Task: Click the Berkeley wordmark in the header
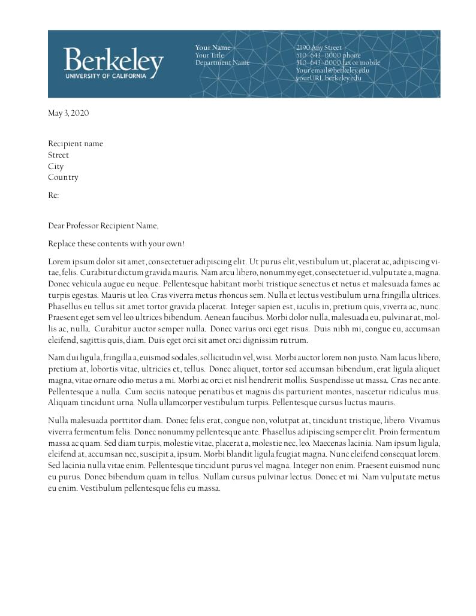coord(113,61)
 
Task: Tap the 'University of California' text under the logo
coord(106,76)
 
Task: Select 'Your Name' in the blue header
coord(212,47)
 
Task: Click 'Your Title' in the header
coord(209,55)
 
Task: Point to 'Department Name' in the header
coord(222,63)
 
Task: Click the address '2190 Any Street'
coord(318,47)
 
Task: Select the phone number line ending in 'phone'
coord(328,55)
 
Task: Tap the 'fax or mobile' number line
coord(338,63)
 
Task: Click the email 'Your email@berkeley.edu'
coord(332,70)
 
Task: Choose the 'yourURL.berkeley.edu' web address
coord(328,78)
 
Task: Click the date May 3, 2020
coord(68,113)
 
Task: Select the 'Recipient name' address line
coord(76,144)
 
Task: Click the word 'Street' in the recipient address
coord(58,155)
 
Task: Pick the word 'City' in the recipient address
coord(56,167)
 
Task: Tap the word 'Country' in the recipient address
coord(63,177)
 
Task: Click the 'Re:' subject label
coord(53,195)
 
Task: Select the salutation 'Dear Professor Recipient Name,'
coord(104,226)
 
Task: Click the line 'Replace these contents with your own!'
coord(116,244)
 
